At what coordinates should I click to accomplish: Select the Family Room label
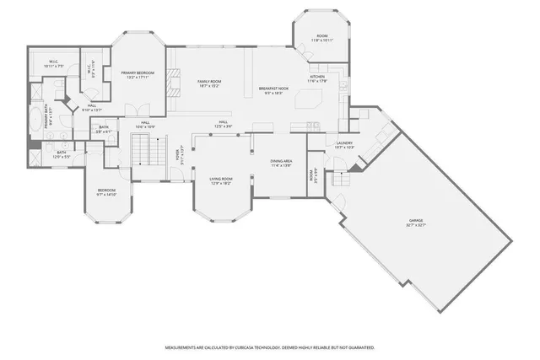[x=208, y=83]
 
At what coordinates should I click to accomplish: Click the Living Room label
[x=221, y=180]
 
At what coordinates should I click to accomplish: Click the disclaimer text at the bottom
[x=269, y=347]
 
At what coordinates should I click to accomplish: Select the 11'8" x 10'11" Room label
[x=321, y=39]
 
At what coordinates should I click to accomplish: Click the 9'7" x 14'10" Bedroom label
[x=106, y=192]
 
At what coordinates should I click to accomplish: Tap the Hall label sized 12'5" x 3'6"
[x=224, y=125]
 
